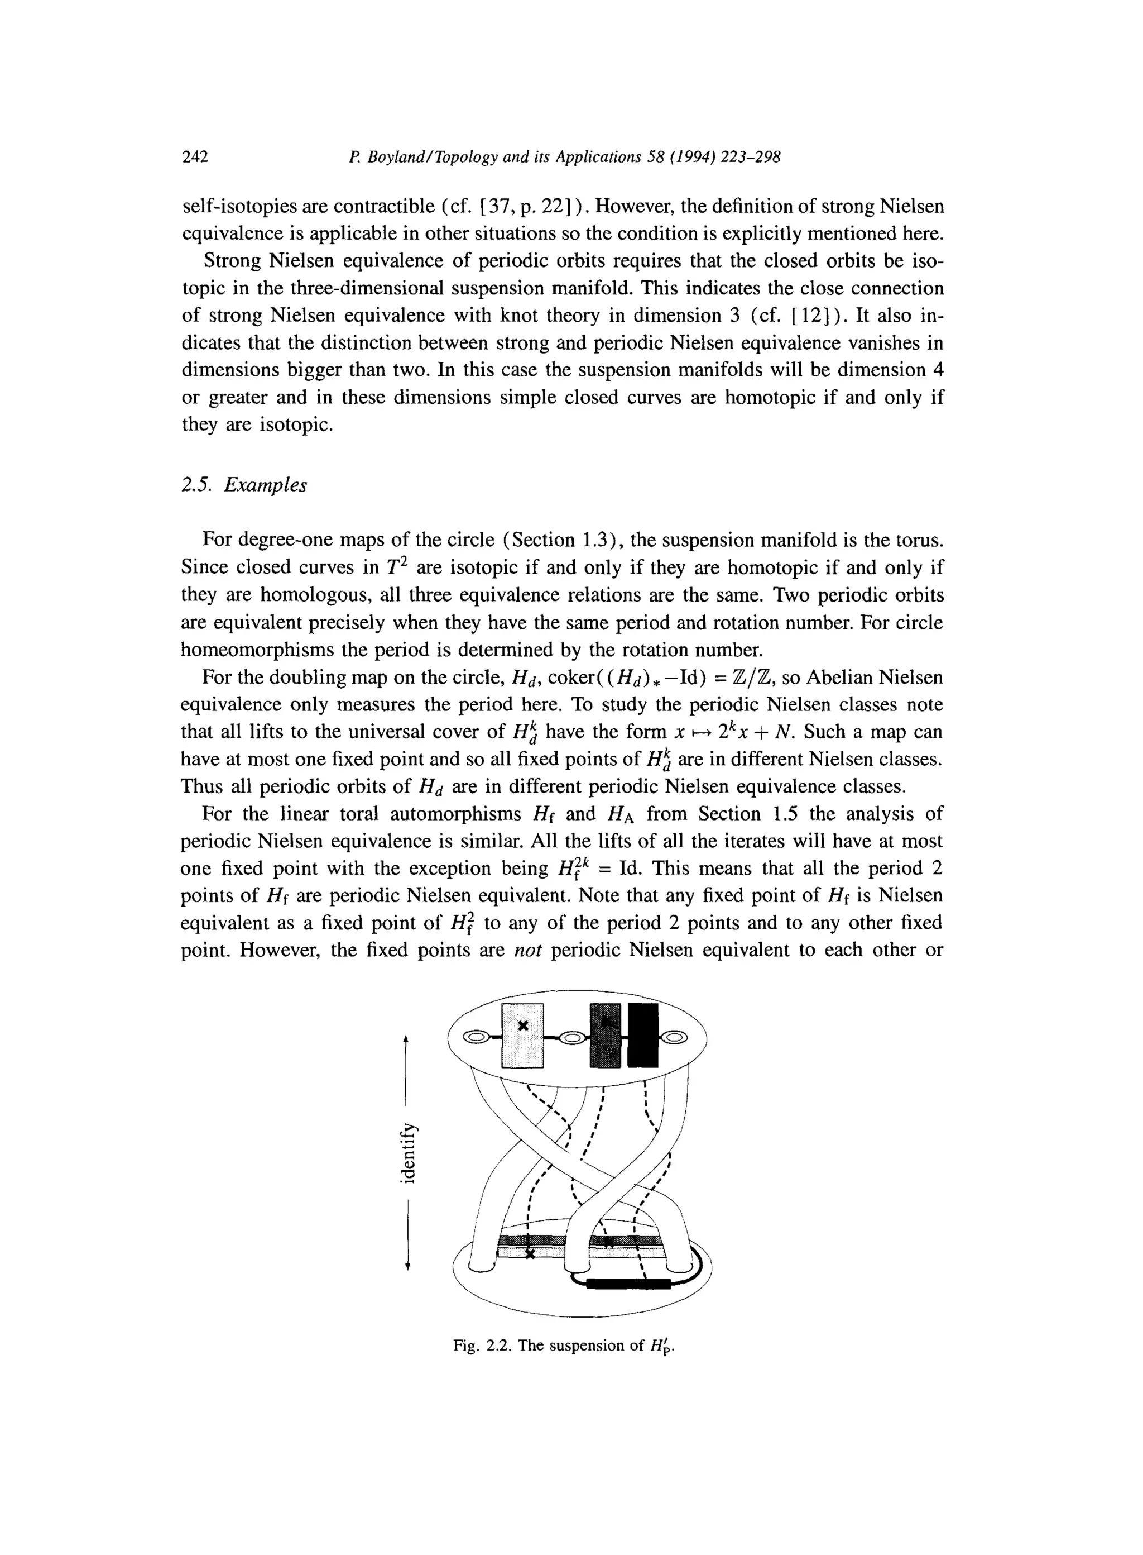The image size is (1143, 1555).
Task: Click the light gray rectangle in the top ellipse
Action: click(x=523, y=1035)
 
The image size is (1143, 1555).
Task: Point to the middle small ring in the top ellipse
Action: click(x=571, y=1037)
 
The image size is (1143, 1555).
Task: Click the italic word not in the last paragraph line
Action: click(x=528, y=950)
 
